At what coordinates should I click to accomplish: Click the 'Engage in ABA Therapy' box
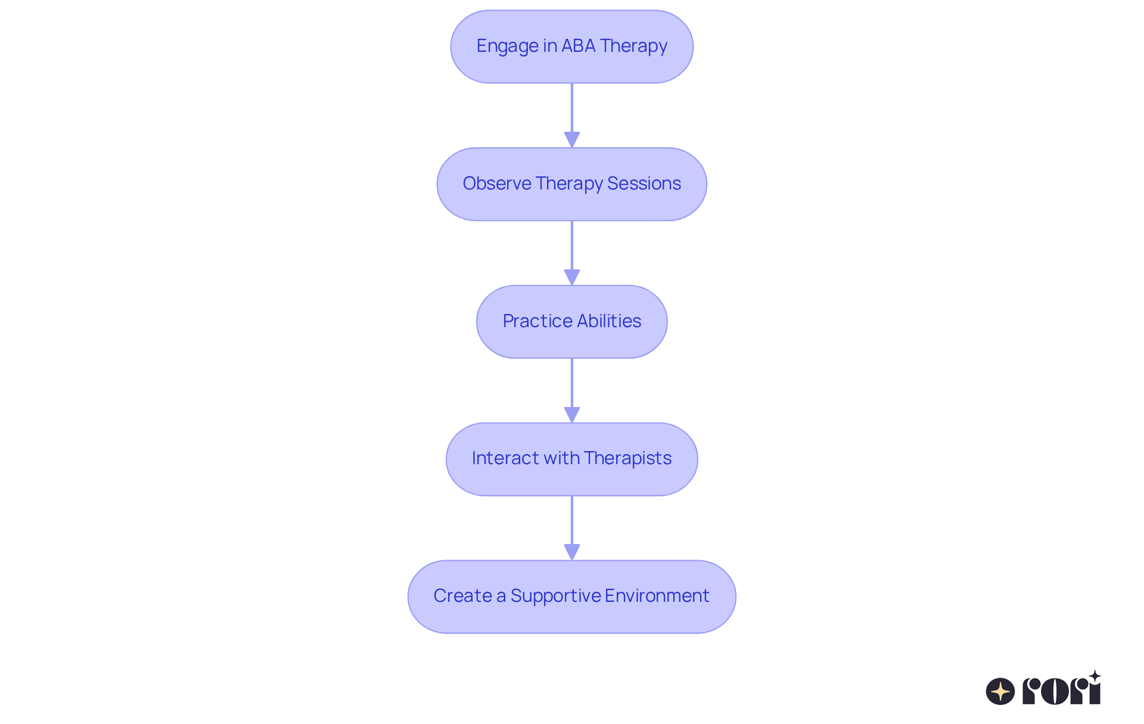(x=571, y=46)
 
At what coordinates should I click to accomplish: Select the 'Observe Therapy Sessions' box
(x=571, y=184)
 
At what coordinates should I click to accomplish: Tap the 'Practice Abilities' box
(x=571, y=322)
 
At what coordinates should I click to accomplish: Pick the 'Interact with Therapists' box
(x=571, y=459)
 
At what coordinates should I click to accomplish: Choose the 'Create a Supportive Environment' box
(x=571, y=596)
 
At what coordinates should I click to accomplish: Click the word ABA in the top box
(x=578, y=46)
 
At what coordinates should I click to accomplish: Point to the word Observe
(x=497, y=184)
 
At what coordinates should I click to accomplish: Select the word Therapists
(x=627, y=458)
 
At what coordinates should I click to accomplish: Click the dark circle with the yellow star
(x=1000, y=691)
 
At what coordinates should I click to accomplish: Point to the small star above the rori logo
(x=1095, y=676)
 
